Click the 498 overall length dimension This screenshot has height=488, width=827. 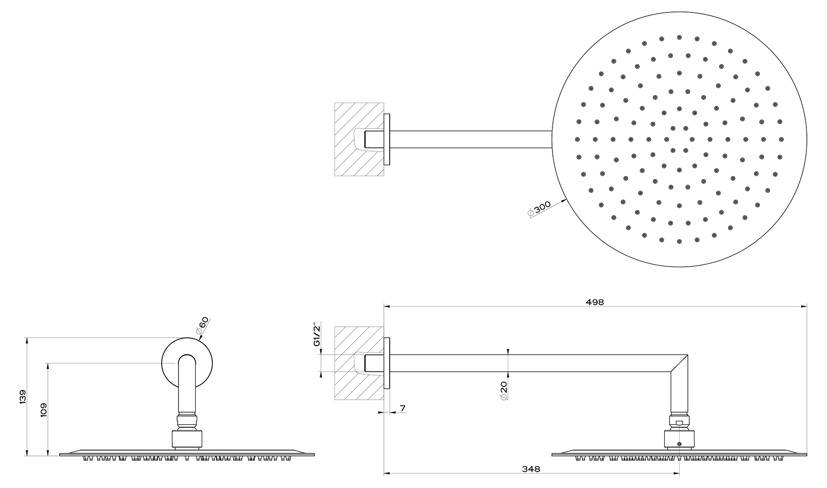pyautogui.click(x=595, y=302)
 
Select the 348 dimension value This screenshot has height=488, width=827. pyautogui.click(x=530, y=469)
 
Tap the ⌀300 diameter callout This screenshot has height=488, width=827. pyautogui.click(x=539, y=209)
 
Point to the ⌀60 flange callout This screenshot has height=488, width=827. pyautogui.click(x=202, y=326)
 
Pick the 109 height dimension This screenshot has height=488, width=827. pyautogui.click(x=44, y=409)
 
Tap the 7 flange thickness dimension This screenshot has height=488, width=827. pyautogui.click(x=403, y=408)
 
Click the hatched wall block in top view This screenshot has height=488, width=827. pyautogui.click(x=359, y=139)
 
